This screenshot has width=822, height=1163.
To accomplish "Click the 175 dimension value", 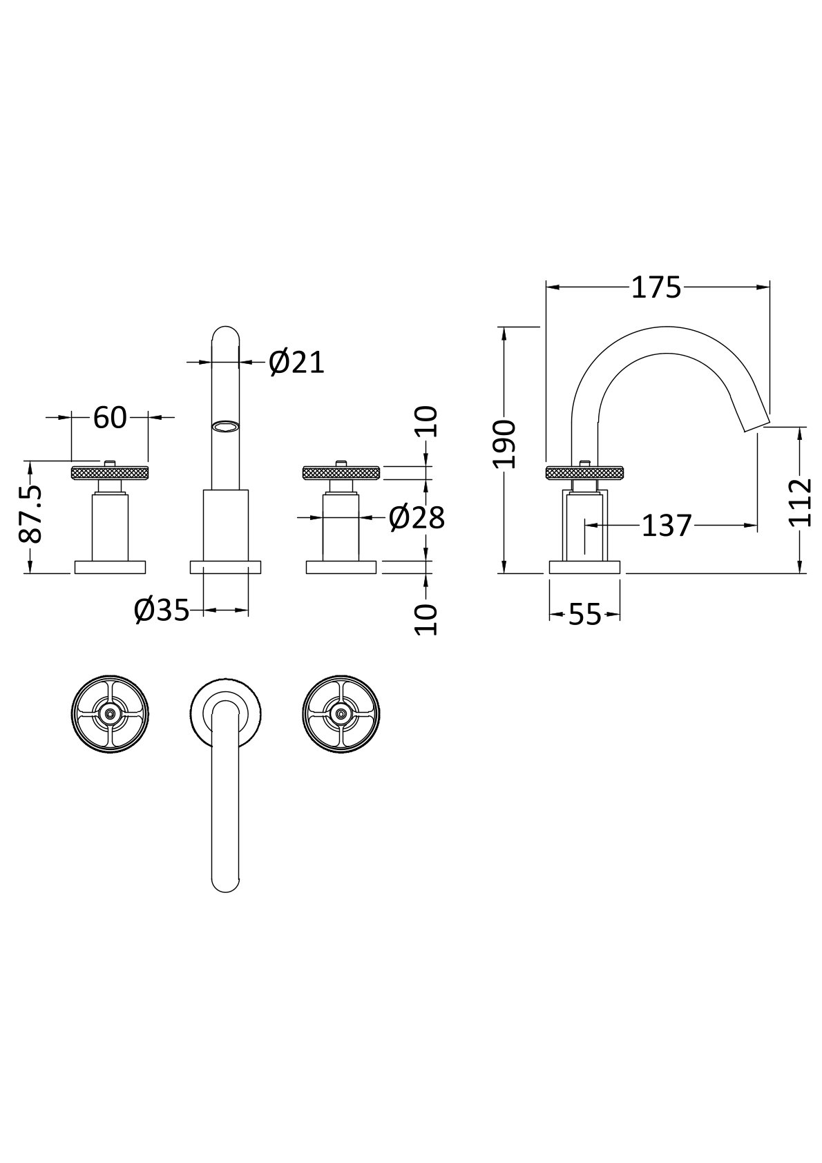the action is point(656,288).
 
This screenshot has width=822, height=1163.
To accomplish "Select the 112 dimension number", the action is point(800,503).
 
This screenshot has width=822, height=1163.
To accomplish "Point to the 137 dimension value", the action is point(667,526).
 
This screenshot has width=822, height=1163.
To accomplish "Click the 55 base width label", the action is point(584,615).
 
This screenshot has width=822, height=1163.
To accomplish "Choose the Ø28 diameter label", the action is point(417,518).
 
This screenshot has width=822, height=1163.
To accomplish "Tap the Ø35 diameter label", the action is point(162,611).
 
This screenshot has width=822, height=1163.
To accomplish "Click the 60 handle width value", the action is point(110,417).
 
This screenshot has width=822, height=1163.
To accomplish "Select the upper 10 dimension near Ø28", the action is point(426,422).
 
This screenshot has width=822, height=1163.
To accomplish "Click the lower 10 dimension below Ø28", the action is point(426,619).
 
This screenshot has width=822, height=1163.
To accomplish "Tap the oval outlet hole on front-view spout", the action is point(225,426).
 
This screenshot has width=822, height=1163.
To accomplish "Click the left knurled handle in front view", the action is point(110,472).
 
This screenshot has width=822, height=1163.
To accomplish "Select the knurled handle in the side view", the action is point(584,473).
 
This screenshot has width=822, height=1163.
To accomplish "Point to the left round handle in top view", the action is point(110,714).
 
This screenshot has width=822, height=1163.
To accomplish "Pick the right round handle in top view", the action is point(341,714).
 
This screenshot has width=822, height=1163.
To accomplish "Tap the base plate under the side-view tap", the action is point(584,567).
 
